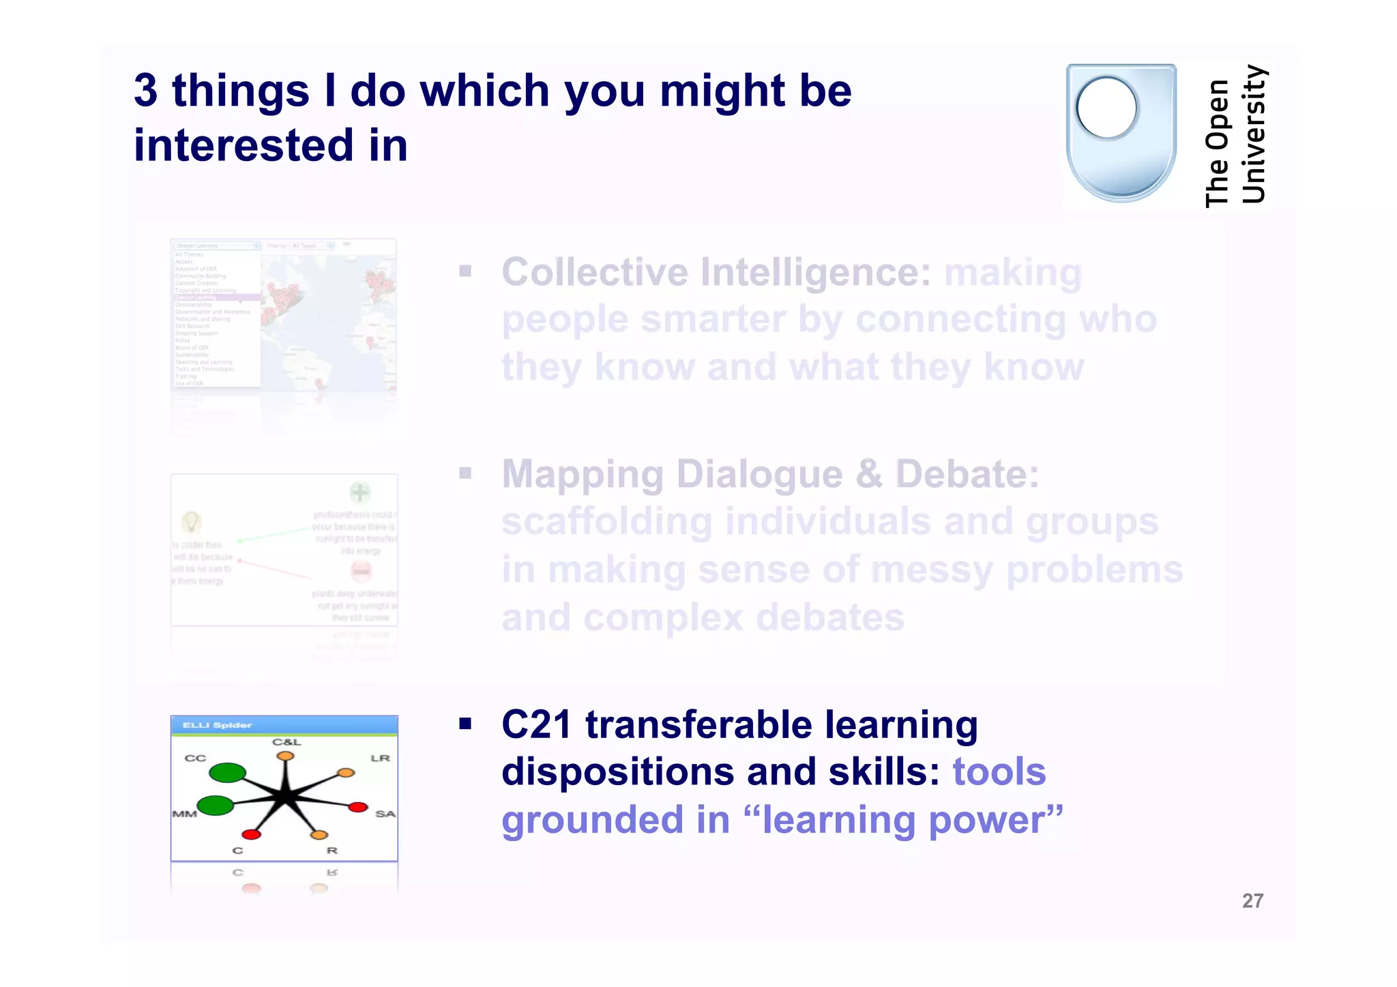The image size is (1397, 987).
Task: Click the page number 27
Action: pyautogui.click(x=1252, y=901)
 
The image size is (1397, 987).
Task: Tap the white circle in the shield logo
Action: pyautogui.click(x=1106, y=108)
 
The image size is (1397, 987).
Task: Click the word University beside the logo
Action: pyautogui.click(x=1254, y=134)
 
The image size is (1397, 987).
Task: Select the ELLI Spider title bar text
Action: pyautogui.click(x=217, y=725)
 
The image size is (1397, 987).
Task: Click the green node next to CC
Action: pyautogui.click(x=227, y=773)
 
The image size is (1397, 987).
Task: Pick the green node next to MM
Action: pyautogui.click(x=216, y=806)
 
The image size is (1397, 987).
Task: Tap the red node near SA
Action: pyautogui.click(x=358, y=808)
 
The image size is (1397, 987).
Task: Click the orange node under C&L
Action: pyautogui.click(x=285, y=756)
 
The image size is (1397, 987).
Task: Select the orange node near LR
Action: pyautogui.click(x=347, y=773)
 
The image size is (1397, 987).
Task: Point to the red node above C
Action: pyautogui.click(x=251, y=834)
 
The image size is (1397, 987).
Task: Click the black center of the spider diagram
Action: pyautogui.click(x=286, y=796)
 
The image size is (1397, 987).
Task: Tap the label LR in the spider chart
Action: pyautogui.click(x=380, y=758)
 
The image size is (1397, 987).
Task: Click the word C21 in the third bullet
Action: pyautogui.click(x=536, y=724)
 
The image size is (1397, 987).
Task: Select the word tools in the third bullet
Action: pyautogui.click(x=999, y=772)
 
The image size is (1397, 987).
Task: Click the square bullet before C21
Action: pyautogui.click(x=465, y=724)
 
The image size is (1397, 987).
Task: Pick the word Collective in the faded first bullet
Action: pyautogui.click(x=595, y=272)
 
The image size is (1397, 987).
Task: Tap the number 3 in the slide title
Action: pyautogui.click(x=145, y=91)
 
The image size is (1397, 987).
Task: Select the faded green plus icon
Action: pyautogui.click(x=360, y=492)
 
